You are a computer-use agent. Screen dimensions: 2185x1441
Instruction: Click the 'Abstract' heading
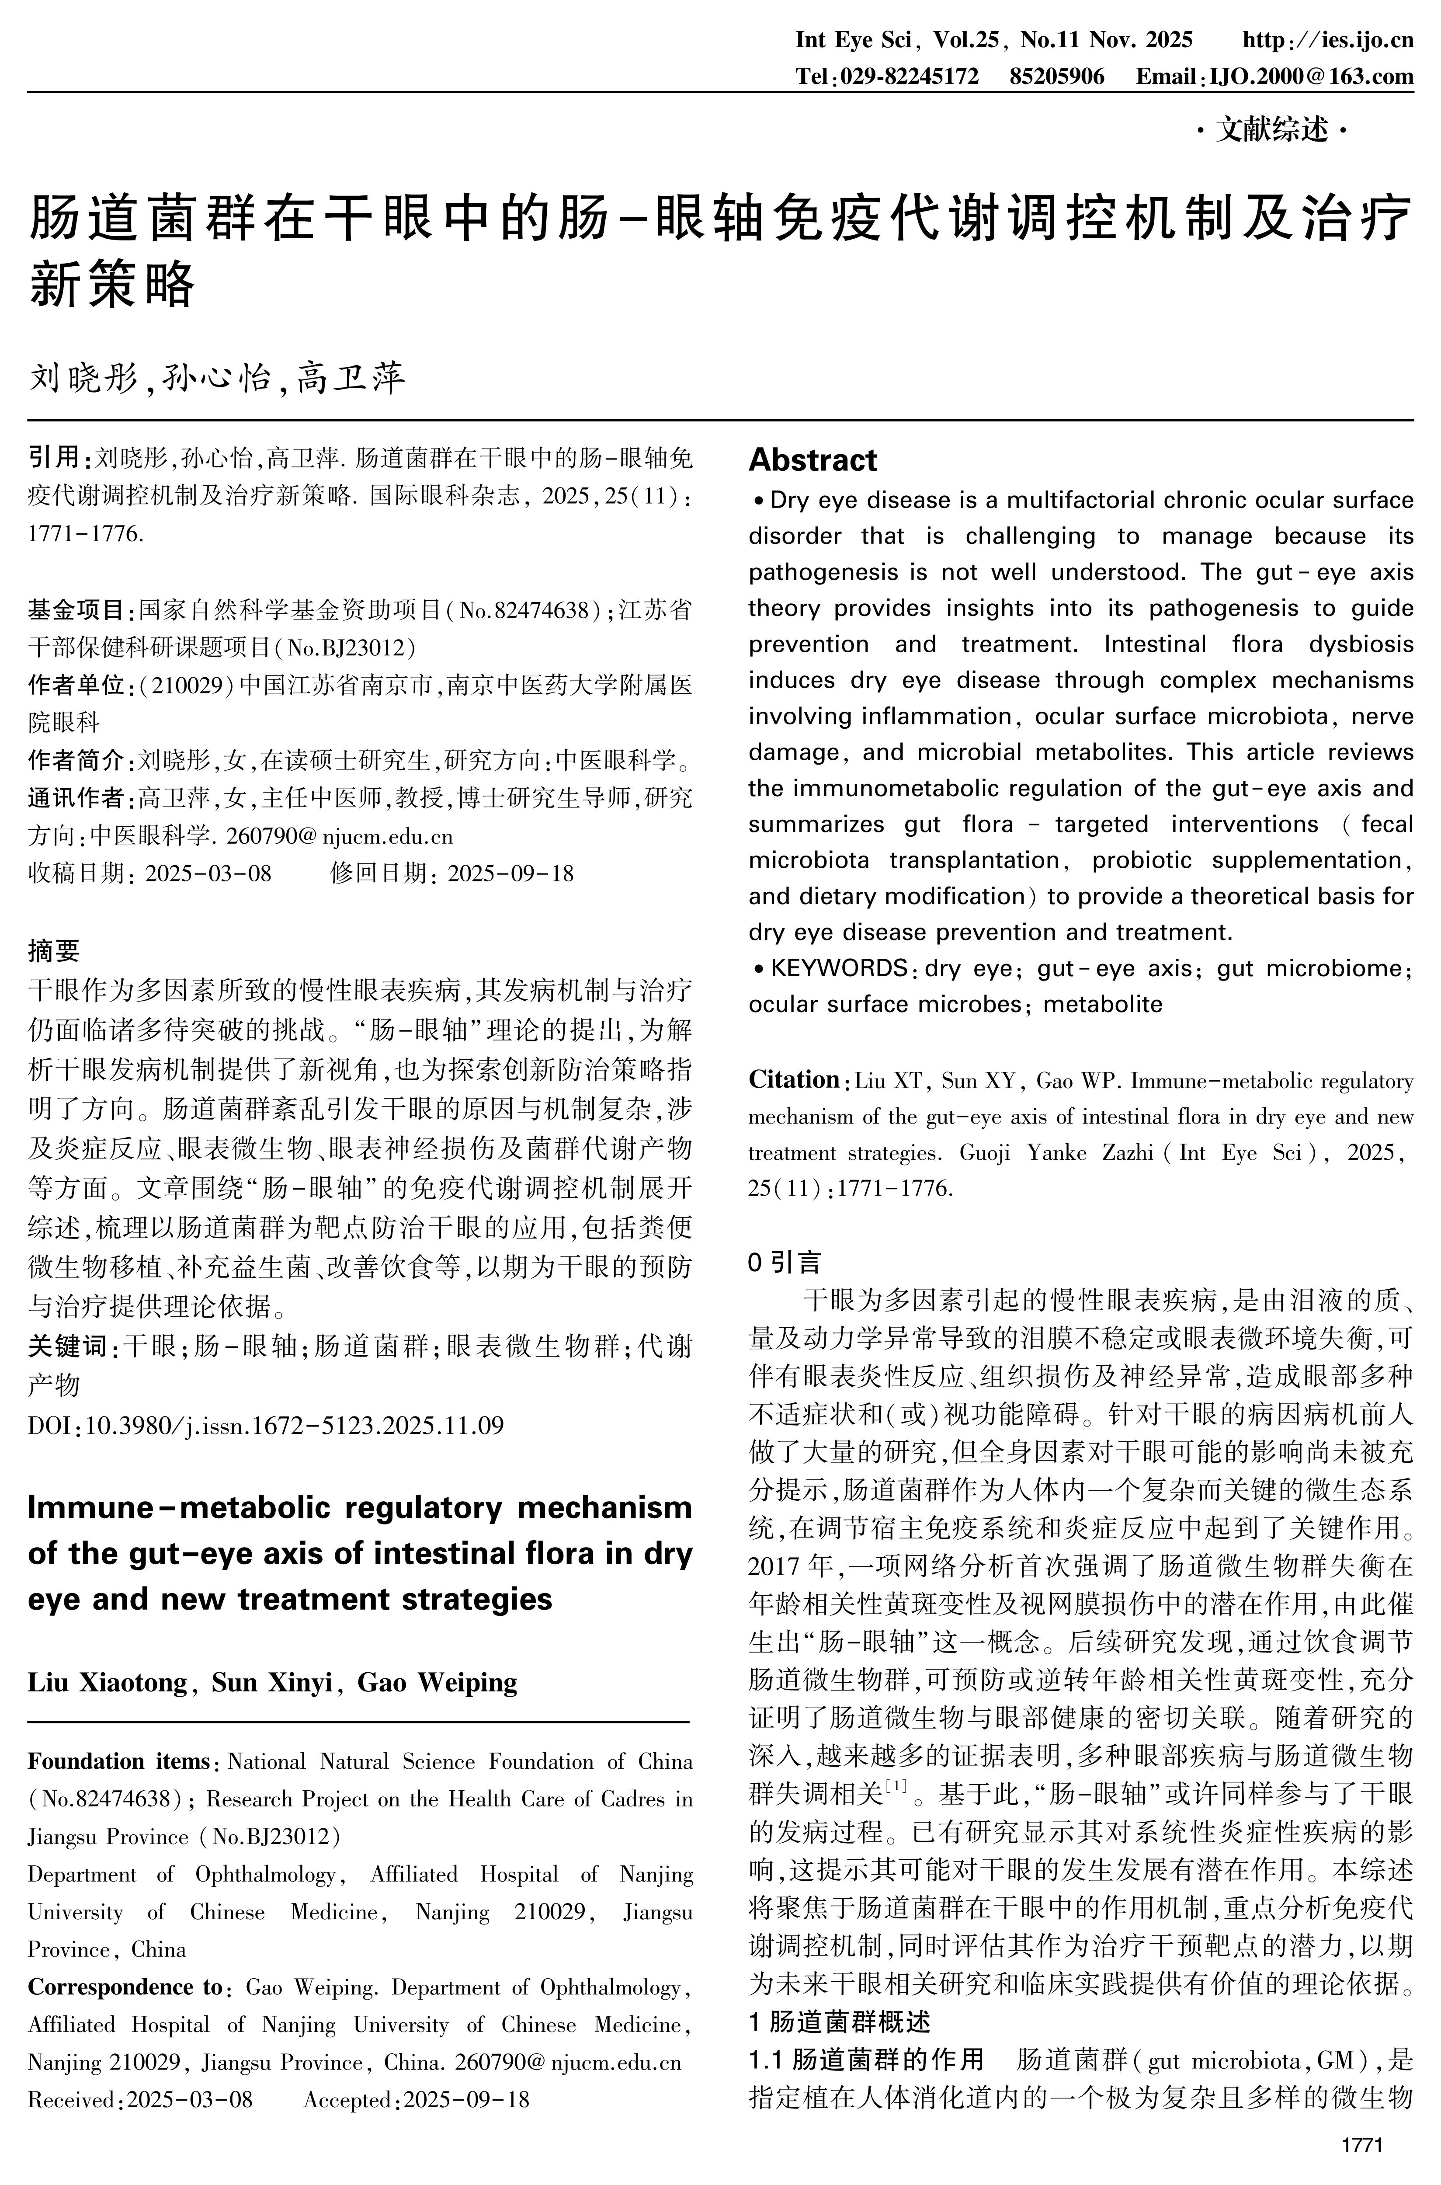point(813,459)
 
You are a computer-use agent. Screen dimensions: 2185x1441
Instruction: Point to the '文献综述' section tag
point(1273,132)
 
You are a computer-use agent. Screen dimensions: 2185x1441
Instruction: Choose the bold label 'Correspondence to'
point(124,1987)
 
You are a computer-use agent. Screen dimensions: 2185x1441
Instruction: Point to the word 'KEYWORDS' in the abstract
point(839,968)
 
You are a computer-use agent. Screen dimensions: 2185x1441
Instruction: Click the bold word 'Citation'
point(794,1080)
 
